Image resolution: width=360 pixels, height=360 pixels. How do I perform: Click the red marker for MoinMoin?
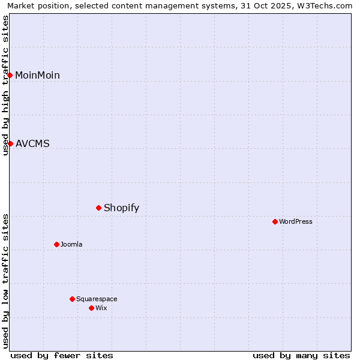[10, 75]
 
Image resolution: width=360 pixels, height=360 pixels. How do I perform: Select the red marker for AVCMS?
[10, 143]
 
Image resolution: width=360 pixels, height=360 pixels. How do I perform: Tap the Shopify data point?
[98, 208]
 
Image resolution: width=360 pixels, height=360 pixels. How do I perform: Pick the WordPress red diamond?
[275, 221]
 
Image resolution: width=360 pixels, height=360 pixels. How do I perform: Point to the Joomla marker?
[56, 244]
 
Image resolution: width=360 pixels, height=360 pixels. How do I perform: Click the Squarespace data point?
[72, 299]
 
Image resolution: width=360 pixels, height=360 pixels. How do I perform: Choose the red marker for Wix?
[91, 308]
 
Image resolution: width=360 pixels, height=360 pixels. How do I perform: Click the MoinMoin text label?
[37, 75]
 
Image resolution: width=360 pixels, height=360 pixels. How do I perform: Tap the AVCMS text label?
[32, 143]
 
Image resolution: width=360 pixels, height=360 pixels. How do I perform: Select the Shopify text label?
[121, 208]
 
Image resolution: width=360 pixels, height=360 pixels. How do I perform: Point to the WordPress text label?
[296, 221]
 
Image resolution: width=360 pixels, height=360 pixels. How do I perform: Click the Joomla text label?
[71, 244]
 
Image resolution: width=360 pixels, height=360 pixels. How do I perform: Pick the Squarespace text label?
[97, 299]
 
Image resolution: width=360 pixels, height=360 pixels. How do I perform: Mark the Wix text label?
[101, 308]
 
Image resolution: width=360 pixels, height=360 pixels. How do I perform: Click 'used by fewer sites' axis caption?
[62, 355]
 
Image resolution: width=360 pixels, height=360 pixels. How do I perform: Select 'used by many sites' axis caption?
[301, 355]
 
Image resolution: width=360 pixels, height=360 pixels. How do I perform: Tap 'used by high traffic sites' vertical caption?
[5, 85]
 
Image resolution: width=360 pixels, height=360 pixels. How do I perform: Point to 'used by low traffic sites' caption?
[5, 280]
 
